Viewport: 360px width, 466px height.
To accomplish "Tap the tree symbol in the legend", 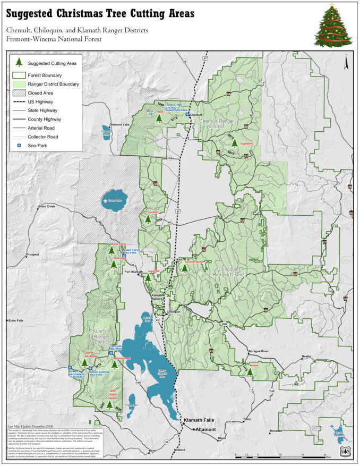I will (x=19, y=62).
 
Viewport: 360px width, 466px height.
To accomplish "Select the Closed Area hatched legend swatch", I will (x=19, y=92).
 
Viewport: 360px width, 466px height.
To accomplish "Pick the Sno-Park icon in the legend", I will (x=19, y=145).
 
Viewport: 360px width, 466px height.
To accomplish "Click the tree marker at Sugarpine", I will (x=234, y=143).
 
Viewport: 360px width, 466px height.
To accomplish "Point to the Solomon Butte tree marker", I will (x=185, y=268).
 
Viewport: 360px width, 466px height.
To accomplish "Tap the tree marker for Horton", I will (x=250, y=372).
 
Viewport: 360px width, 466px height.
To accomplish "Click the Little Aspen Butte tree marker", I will (x=109, y=405).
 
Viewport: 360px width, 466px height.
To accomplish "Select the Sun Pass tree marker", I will (x=148, y=219).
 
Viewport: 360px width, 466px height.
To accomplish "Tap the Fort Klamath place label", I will (x=134, y=272).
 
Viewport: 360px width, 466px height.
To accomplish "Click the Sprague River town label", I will (x=259, y=351).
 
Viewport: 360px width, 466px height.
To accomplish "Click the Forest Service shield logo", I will (x=346, y=451).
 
